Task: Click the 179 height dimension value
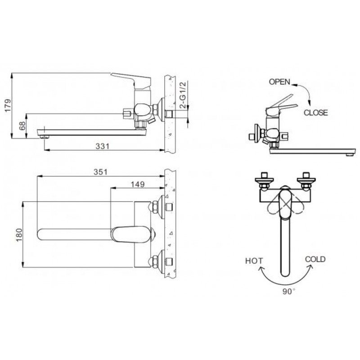[8, 105]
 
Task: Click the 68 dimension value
[22, 126]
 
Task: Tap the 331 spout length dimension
[103, 146]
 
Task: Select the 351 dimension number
[100, 172]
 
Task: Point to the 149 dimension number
[138, 184]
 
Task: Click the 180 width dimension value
[19, 234]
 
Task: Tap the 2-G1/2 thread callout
[183, 95]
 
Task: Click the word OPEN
[279, 82]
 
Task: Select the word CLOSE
[316, 112]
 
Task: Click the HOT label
[254, 261]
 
